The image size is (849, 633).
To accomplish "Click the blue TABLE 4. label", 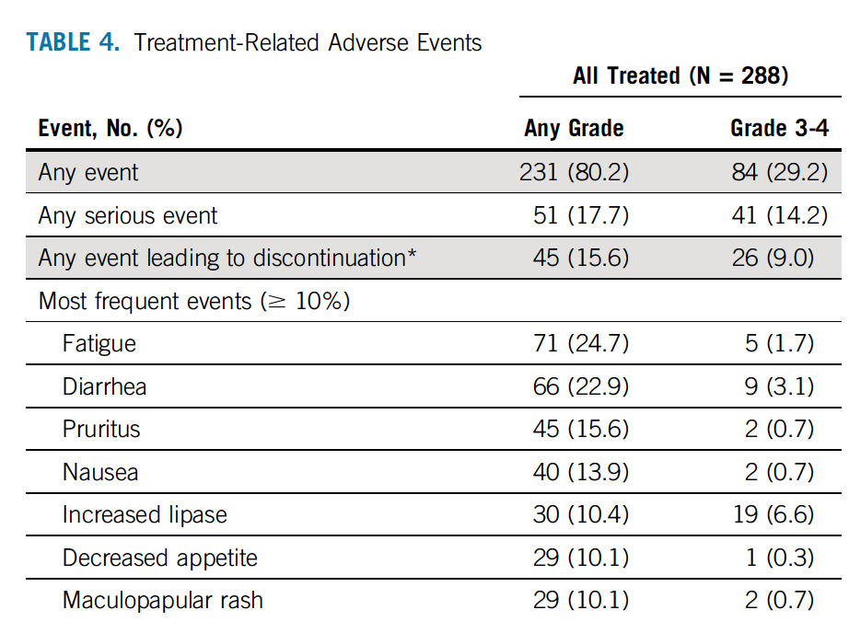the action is coord(73,42).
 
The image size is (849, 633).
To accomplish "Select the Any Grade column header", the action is coord(574,128).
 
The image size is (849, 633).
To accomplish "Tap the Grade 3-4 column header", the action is coord(780,128).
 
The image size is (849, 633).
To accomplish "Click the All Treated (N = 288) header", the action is coord(680,75).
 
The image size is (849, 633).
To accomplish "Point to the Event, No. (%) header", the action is coord(110,129).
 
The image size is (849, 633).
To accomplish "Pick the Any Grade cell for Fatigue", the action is coord(581,343).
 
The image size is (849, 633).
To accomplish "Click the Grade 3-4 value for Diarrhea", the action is coord(779,386).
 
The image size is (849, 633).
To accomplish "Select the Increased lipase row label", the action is coord(145,515).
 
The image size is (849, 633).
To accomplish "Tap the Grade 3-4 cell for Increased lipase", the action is coord(773,514).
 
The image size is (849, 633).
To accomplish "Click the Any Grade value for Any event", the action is coord(575,173).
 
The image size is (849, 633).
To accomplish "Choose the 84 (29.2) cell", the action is coord(780,173).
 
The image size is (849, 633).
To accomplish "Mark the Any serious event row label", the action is coord(128,216).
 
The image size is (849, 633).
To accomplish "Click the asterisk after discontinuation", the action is coord(412,252).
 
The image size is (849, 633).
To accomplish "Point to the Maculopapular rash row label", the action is coord(162,601).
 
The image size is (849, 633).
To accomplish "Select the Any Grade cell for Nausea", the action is coord(581,472).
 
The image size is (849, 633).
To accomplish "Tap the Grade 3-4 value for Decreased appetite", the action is coord(780,558).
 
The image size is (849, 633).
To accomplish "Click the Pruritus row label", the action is coord(101,429).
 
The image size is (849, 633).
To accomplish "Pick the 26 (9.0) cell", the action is coord(773,258).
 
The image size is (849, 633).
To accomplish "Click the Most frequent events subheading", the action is coord(194,302).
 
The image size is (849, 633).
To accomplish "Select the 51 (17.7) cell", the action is coord(581,216).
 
